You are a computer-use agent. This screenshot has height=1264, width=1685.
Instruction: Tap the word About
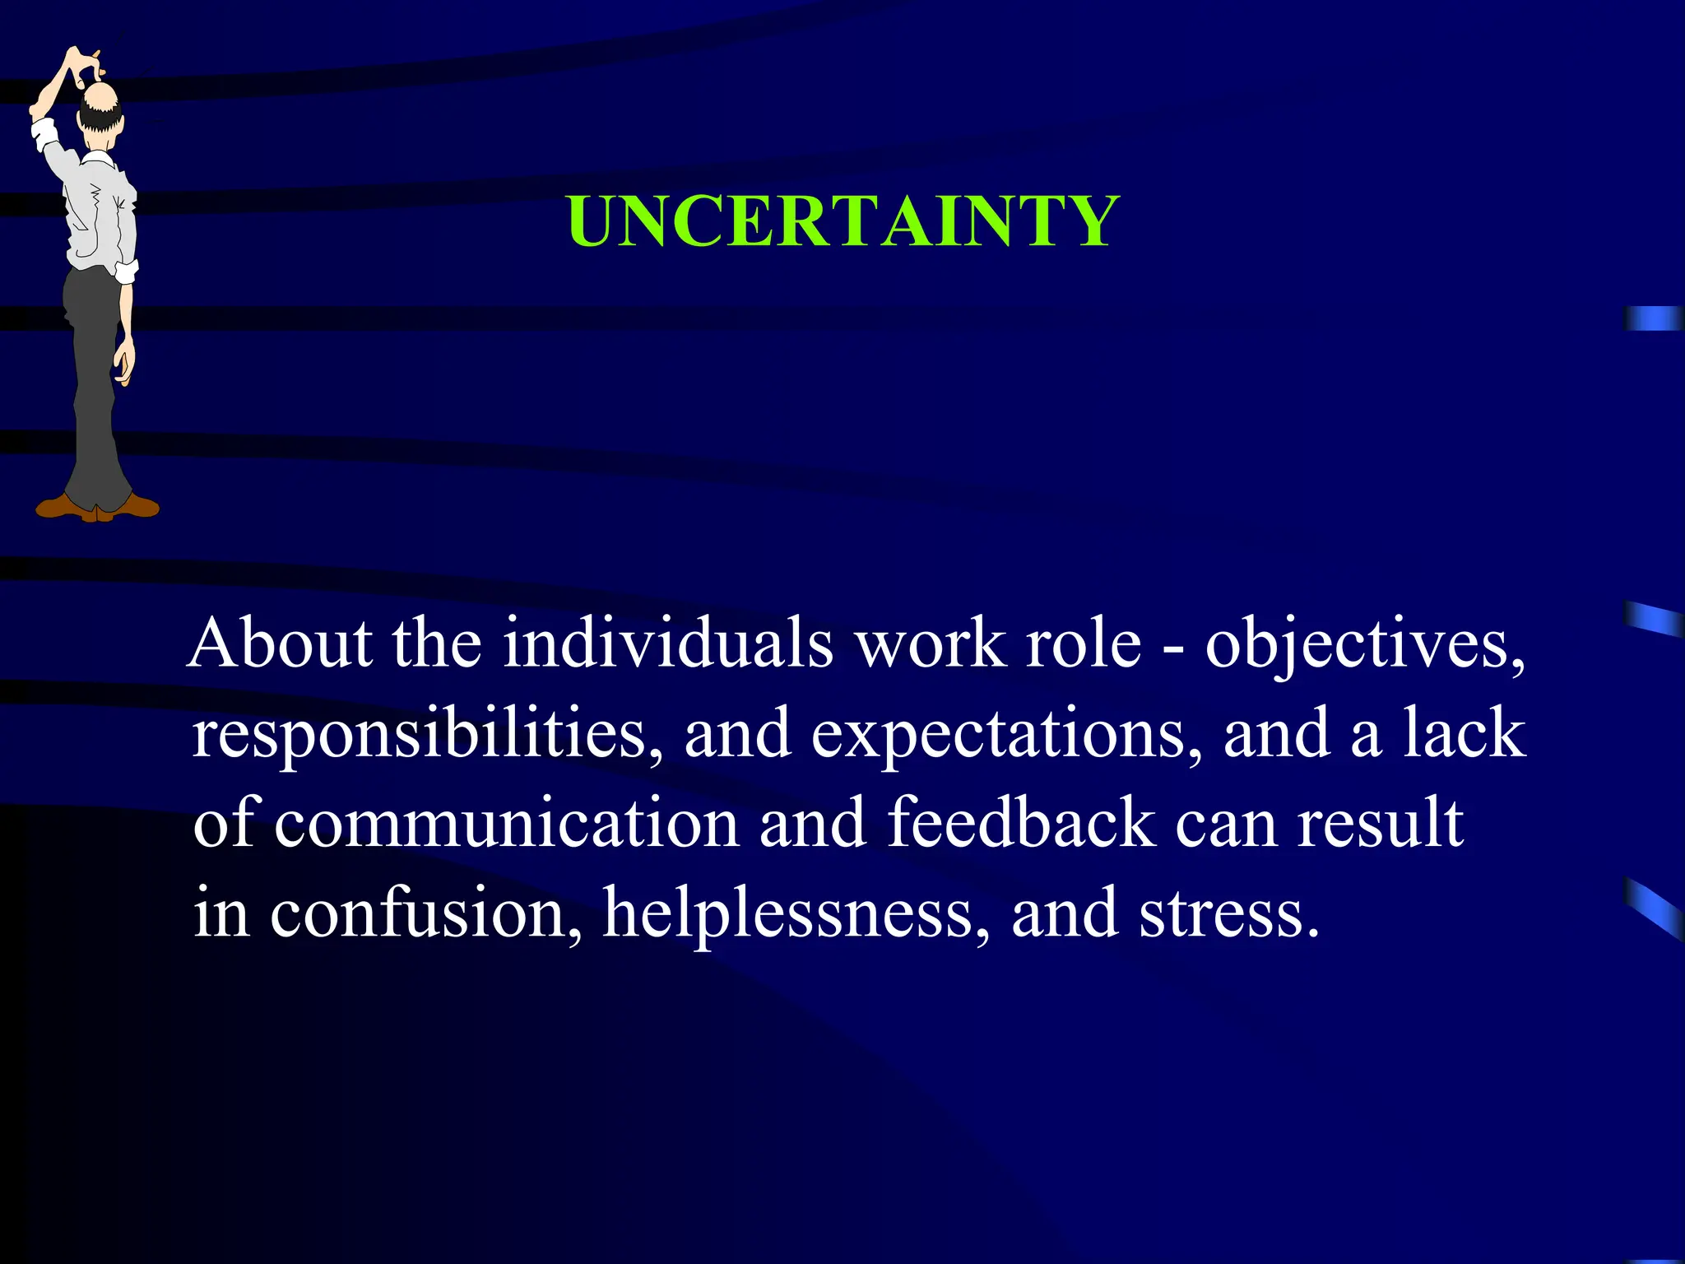tap(280, 644)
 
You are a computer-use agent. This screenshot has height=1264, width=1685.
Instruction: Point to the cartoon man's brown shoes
tap(97, 505)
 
